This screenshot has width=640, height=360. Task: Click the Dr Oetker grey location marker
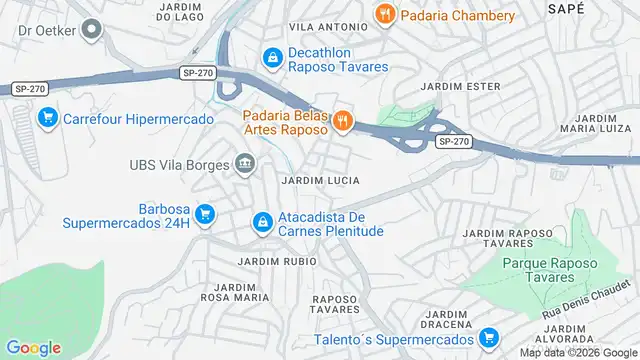tap(92, 30)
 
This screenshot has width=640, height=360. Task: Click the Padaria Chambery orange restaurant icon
tap(384, 15)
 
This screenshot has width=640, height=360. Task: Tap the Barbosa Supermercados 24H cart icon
tap(205, 214)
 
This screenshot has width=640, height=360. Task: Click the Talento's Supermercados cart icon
tap(488, 338)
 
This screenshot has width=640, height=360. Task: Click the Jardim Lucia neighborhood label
tap(320, 180)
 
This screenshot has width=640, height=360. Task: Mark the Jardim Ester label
tap(460, 86)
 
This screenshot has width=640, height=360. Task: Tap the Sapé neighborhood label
tap(565, 8)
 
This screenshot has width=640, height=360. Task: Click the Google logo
tap(33, 348)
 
